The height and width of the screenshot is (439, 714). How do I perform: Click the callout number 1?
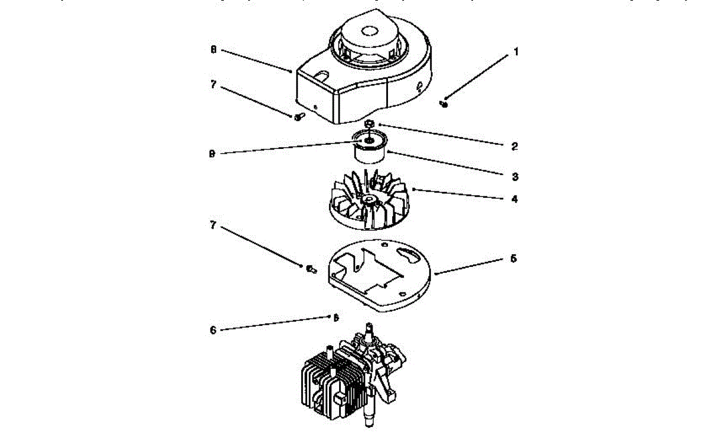pos(516,52)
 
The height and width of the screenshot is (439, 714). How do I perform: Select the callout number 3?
pos(516,177)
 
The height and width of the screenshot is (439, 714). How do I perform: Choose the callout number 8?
pos(212,50)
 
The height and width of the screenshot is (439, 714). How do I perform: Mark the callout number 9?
pos(212,153)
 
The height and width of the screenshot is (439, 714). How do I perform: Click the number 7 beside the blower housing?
pos(212,84)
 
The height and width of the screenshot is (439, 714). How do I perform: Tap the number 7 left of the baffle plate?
pos(212,226)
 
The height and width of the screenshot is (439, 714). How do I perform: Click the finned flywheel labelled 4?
pos(369,200)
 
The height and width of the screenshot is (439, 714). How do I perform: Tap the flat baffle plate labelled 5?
pos(381,274)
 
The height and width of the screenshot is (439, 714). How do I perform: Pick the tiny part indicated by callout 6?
pos(335,317)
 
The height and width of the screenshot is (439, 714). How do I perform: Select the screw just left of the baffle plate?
pos(310,269)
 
